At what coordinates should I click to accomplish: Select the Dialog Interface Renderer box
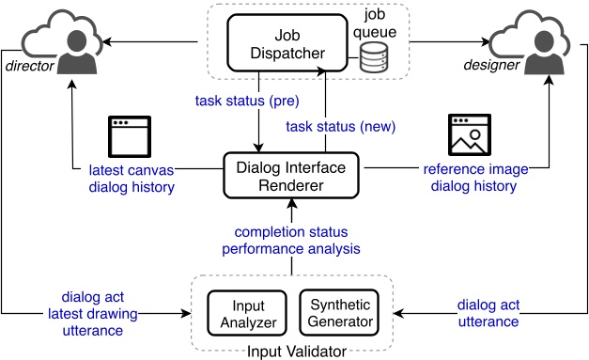[x=293, y=176]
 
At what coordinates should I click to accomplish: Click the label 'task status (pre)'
[x=241, y=99]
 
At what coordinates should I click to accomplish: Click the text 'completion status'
[x=290, y=232]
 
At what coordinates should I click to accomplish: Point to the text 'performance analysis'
[x=290, y=248]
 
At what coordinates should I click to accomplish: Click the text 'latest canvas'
[x=132, y=169]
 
